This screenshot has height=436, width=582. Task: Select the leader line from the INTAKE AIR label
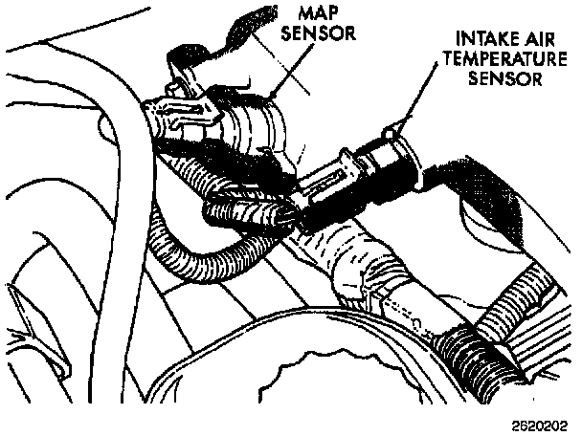pyautogui.click(x=417, y=105)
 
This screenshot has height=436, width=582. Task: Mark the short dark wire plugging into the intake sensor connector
pyautogui.click(x=239, y=210)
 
